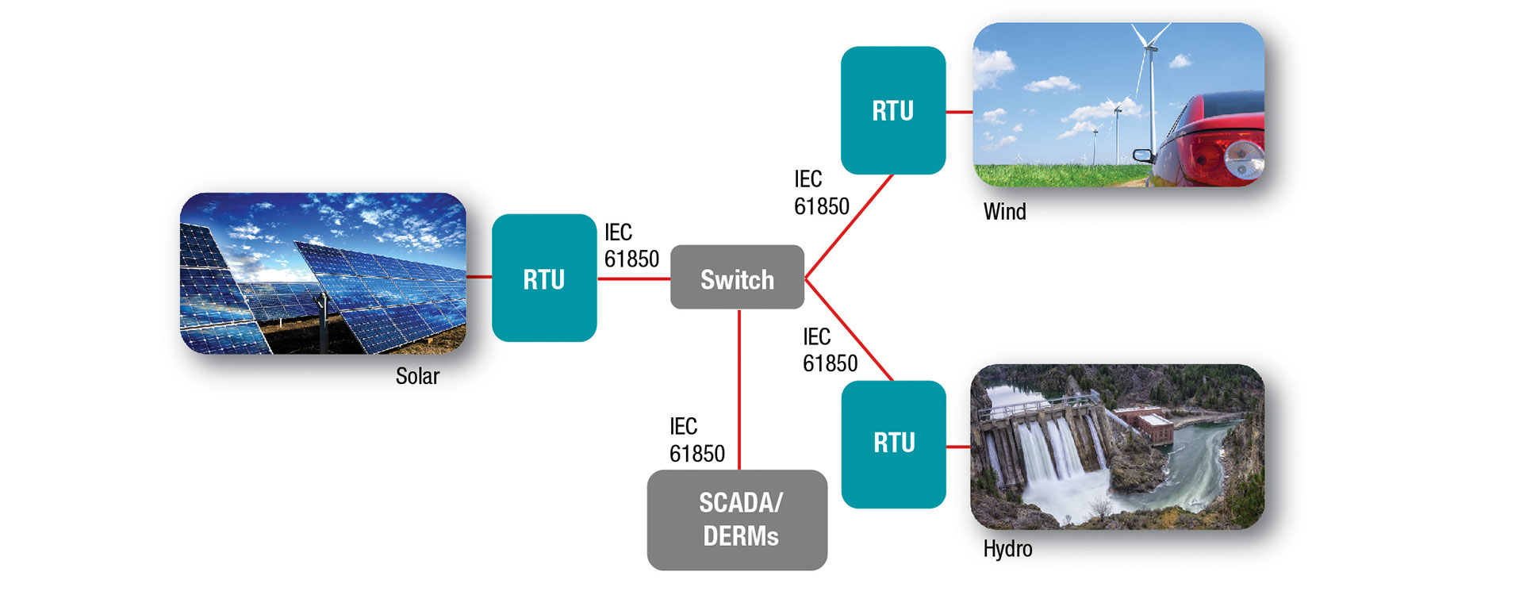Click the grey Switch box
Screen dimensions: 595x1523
(x=737, y=278)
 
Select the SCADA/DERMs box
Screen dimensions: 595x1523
(x=737, y=520)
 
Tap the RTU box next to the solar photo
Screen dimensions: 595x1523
(x=544, y=278)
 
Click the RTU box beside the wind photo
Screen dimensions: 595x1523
(x=893, y=110)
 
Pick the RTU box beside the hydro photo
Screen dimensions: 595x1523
(x=894, y=443)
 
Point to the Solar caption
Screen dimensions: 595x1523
(x=417, y=376)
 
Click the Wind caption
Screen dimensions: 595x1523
(x=1004, y=212)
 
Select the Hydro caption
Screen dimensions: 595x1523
(x=1007, y=549)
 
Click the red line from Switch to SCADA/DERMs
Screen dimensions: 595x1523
(x=739, y=389)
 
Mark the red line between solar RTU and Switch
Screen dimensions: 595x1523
(x=633, y=278)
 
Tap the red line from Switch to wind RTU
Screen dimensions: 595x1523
(x=849, y=227)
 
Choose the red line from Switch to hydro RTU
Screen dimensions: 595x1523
(x=849, y=330)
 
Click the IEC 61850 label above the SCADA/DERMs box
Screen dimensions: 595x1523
(x=696, y=440)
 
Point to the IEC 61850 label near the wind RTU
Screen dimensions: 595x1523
(x=821, y=193)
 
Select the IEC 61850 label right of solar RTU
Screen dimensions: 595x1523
(x=631, y=246)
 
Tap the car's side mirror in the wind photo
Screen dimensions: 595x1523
(x=1141, y=155)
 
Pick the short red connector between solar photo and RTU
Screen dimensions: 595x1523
(x=479, y=277)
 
